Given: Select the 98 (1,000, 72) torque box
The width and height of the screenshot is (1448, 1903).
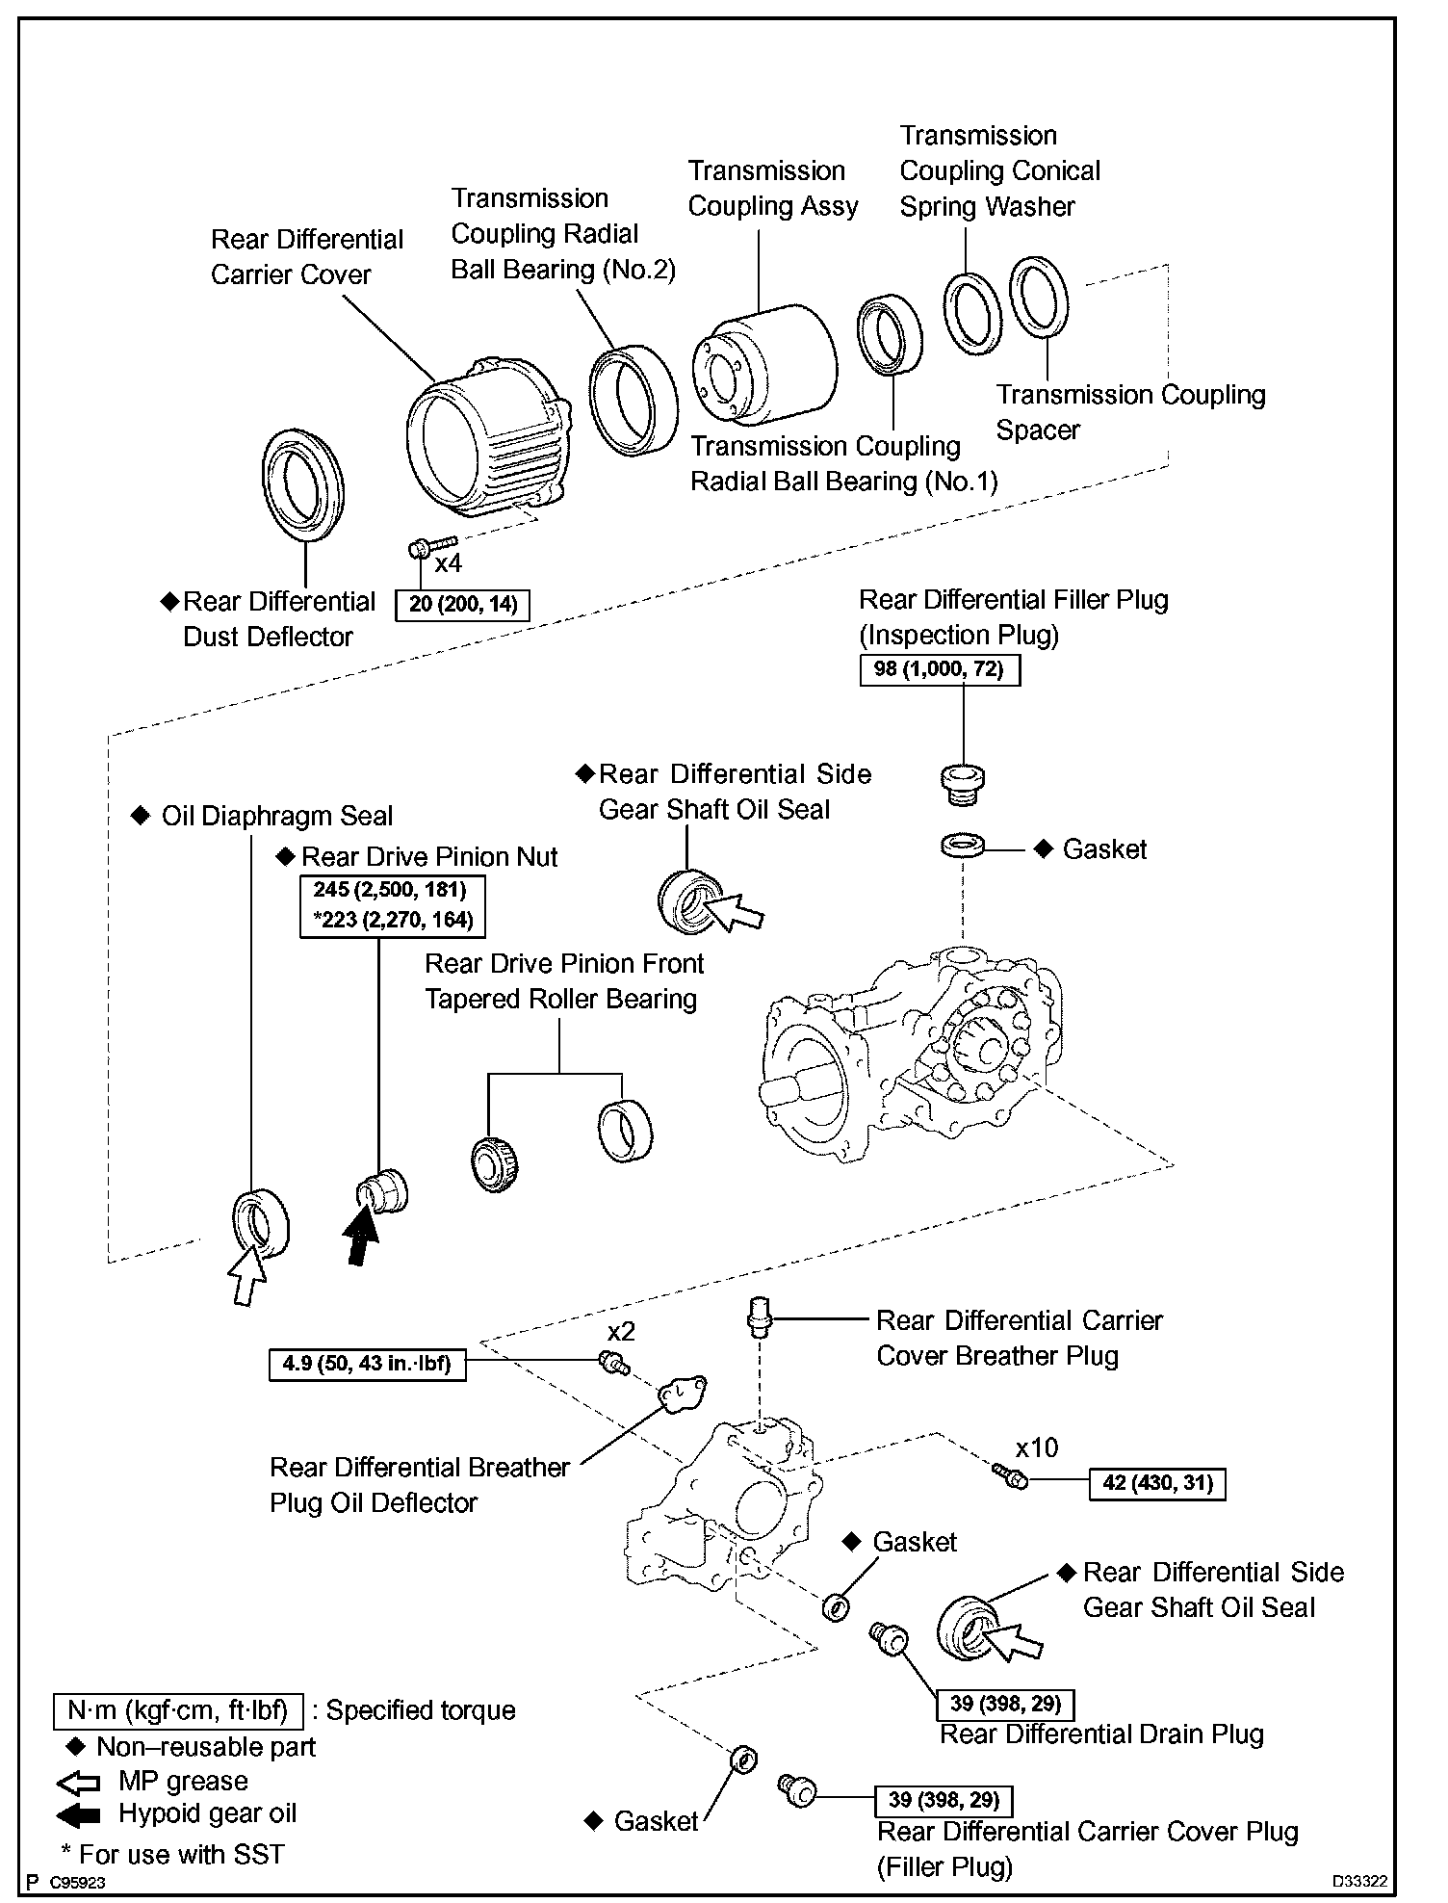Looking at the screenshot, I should point(939,669).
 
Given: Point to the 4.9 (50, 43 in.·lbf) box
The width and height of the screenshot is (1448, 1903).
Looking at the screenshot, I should point(367,1365).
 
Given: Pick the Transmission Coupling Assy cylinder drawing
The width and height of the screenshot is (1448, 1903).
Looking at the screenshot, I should point(763,363).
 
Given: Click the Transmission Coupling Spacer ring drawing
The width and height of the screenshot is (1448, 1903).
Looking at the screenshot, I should point(1039,298).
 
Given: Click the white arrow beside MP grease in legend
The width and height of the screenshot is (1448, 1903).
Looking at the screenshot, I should point(79,1782).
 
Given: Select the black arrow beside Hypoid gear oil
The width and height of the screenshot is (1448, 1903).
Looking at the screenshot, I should point(79,1814).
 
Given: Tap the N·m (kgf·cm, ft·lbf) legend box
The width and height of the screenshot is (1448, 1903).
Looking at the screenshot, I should point(178,1710).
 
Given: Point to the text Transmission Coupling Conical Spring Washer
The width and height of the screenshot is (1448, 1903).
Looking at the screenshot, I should point(998,170).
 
